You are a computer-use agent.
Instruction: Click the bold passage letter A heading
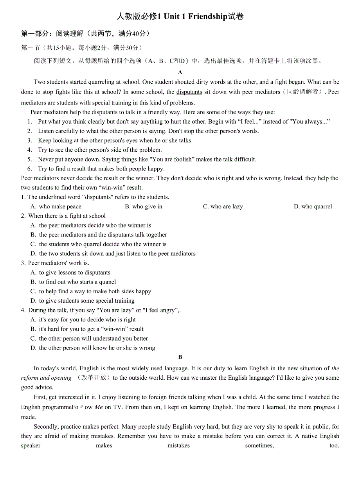click(180, 72)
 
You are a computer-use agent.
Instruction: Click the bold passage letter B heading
click(180, 357)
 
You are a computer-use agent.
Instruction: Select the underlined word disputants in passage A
click(189, 92)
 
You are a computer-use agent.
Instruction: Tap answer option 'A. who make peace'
click(56, 206)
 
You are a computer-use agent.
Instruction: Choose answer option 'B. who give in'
click(144, 206)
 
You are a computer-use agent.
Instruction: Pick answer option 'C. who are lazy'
click(223, 206)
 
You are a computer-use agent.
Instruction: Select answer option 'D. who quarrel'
click(313, 206)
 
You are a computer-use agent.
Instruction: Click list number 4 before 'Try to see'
click(30, 150)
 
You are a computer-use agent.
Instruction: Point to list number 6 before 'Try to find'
click(30, 169)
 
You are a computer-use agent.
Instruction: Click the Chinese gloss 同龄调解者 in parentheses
click(302, 92)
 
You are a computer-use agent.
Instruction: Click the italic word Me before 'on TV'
click(99, 407)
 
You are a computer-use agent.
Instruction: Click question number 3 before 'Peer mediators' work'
click(23, 263)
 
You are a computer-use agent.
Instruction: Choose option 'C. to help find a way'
click(91, 291)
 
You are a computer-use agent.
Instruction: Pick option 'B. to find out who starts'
click(73, 282)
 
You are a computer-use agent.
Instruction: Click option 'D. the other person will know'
click(93, 348)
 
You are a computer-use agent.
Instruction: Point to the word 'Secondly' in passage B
click(46, 427)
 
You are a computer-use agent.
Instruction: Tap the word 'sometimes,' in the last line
click(259, 445)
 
